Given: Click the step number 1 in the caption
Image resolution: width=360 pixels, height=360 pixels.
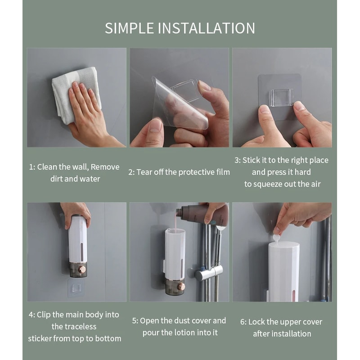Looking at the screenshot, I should click(31, 167).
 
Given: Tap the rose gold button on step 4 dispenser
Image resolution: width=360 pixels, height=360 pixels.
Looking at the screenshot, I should click(82, 269).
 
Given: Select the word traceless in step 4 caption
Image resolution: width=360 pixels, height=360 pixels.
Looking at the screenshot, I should click(74, 326).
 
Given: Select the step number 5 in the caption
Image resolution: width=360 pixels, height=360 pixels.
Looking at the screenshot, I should click(134, 321).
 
